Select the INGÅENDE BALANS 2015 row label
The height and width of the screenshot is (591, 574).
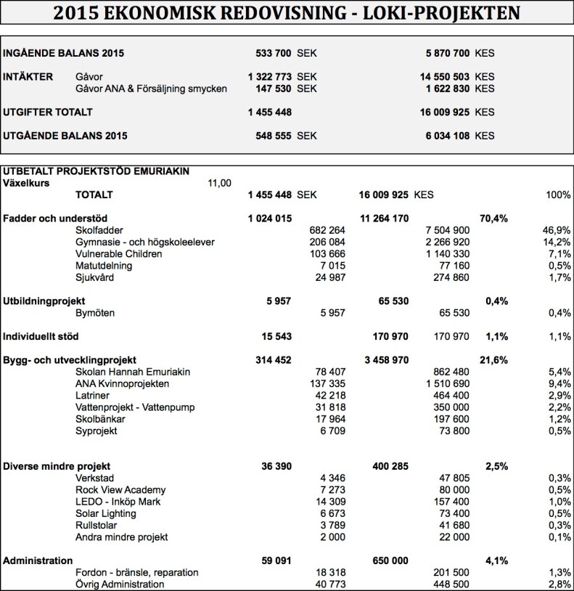pos(64,53)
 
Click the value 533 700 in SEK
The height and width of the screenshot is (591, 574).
pos(274,53)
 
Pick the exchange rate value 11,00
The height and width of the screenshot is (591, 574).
pos(219,183)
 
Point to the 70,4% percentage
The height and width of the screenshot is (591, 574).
pos(493,218)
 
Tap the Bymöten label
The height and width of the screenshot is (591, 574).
pos(95,312)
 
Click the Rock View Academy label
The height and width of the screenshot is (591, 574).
pos(120,490)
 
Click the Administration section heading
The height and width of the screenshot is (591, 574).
pos(38,561)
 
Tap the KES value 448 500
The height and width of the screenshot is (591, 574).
pos(449,584)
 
